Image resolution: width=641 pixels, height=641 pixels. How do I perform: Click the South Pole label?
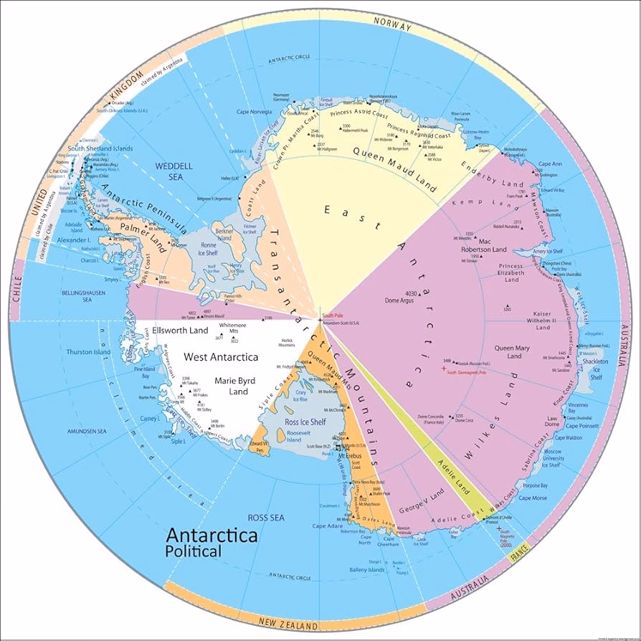334,315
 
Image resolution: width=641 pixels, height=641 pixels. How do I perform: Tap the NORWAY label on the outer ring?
393,25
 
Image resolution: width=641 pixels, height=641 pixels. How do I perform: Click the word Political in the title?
193,551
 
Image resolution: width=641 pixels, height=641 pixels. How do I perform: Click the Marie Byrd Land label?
228,386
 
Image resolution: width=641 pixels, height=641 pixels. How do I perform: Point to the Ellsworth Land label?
180,331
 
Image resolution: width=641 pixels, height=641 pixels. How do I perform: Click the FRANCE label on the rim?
519,551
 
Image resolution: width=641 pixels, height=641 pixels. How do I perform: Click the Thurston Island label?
89,352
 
